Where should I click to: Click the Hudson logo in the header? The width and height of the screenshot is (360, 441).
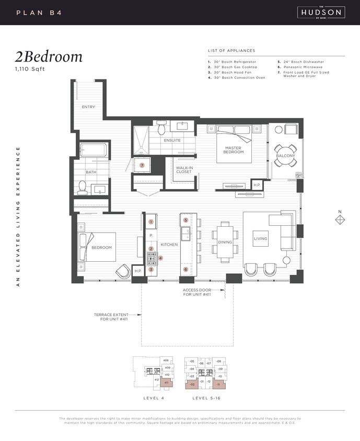click(x=321, y=12)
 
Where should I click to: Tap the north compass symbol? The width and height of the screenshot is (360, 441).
click(x=340, y=220)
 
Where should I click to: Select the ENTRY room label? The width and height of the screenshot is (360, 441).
click(x=88, y=107)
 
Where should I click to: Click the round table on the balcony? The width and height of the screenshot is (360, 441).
click(x=285, y=155)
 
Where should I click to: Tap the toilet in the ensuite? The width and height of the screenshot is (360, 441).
click(x=161, y=127)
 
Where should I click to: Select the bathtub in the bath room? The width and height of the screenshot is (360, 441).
click(x=94, y=151)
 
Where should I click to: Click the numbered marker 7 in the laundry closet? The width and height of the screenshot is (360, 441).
click(x=142, y=165)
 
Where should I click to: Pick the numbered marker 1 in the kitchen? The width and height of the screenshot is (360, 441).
click(x=151, y=222)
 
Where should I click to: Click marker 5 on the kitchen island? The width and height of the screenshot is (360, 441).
click(x=185, y=220)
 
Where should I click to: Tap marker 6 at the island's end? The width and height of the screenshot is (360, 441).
click(x=185, y=270)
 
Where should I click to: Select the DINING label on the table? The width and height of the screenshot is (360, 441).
click(x=225, y=242)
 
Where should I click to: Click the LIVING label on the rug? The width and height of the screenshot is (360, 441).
click(x=260, y=239)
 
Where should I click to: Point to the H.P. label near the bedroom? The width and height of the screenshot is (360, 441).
click(x=138, y=271)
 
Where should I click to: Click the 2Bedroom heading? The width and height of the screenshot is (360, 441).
click(x=49, y=57)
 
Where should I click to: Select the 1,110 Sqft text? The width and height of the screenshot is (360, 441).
click(x=30, y=69)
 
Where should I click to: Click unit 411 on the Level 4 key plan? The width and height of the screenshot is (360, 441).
click(x=167, y=383)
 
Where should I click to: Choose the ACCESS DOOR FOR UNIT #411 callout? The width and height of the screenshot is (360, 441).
click(x=196, y=293)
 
